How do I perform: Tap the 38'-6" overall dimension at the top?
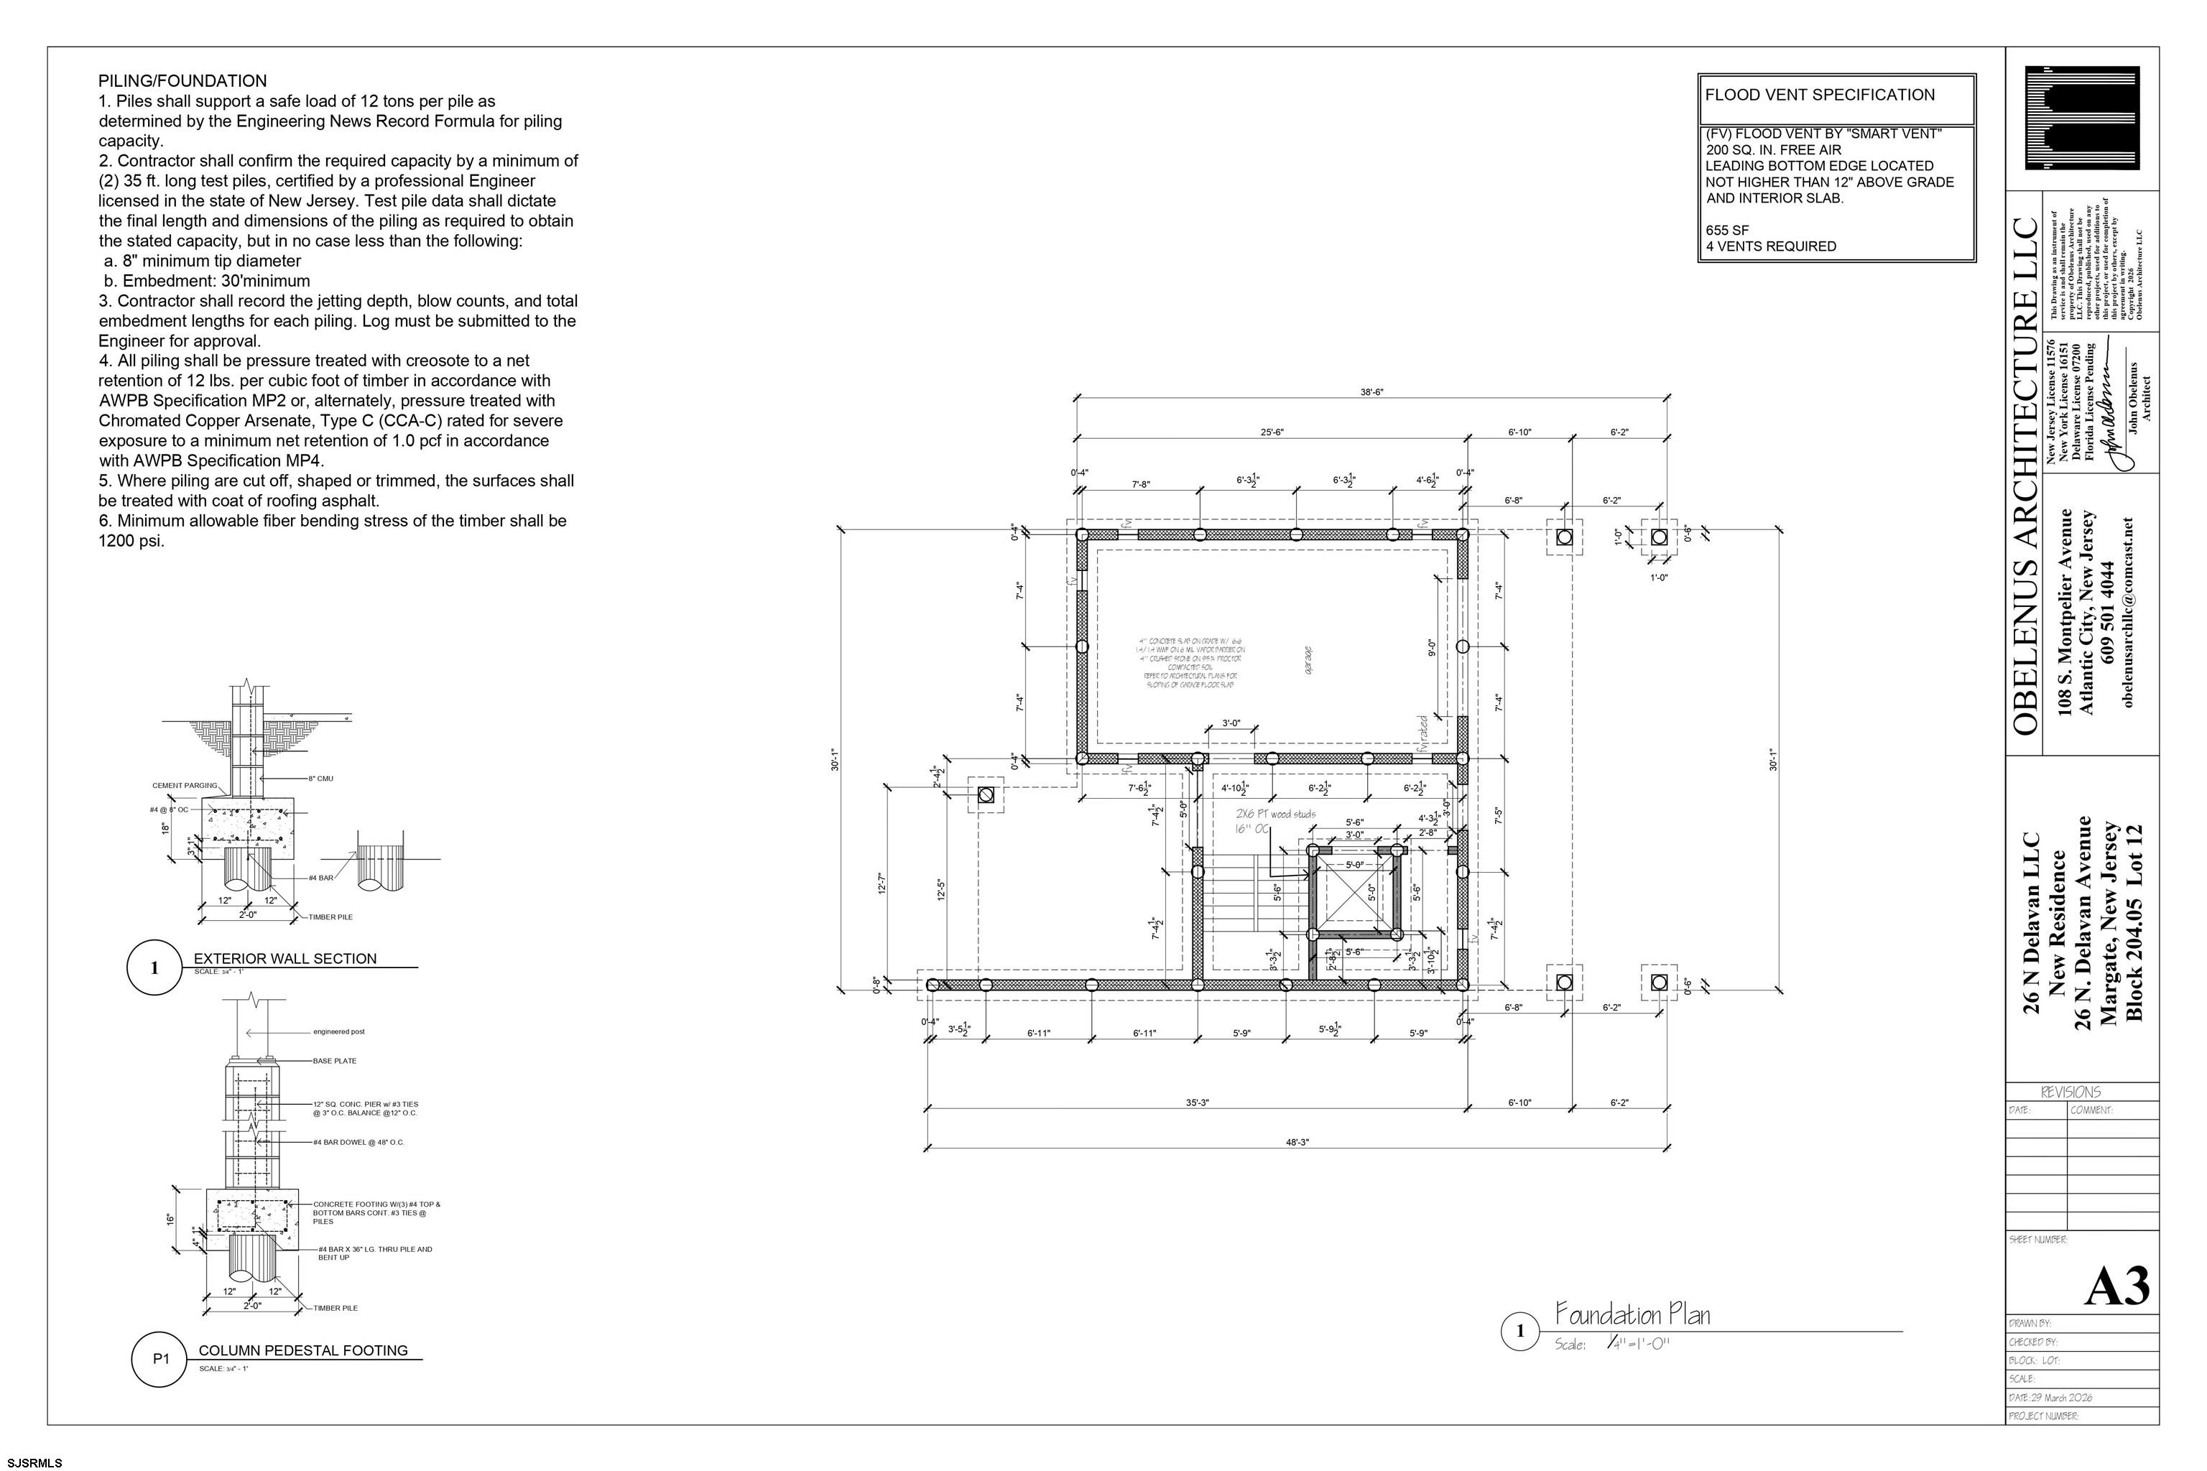pos(1371,392)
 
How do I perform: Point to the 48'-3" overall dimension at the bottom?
pos(1297,1143)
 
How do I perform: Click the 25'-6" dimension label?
pos(1272,432)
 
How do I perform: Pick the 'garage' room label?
pos(1309,659)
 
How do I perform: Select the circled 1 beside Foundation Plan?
pos(1520,1331)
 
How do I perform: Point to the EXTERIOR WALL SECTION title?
pos(285,959)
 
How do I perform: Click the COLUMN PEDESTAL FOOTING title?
pos(303,1351)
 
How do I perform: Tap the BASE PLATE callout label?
pos(335,1061)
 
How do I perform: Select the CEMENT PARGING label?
pos(185,785)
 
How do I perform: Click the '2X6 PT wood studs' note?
pos(1275,815)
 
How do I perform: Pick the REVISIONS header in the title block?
pos(2071,1092)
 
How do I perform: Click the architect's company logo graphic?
pos(2081,119)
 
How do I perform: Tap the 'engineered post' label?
pos(339,1032)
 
